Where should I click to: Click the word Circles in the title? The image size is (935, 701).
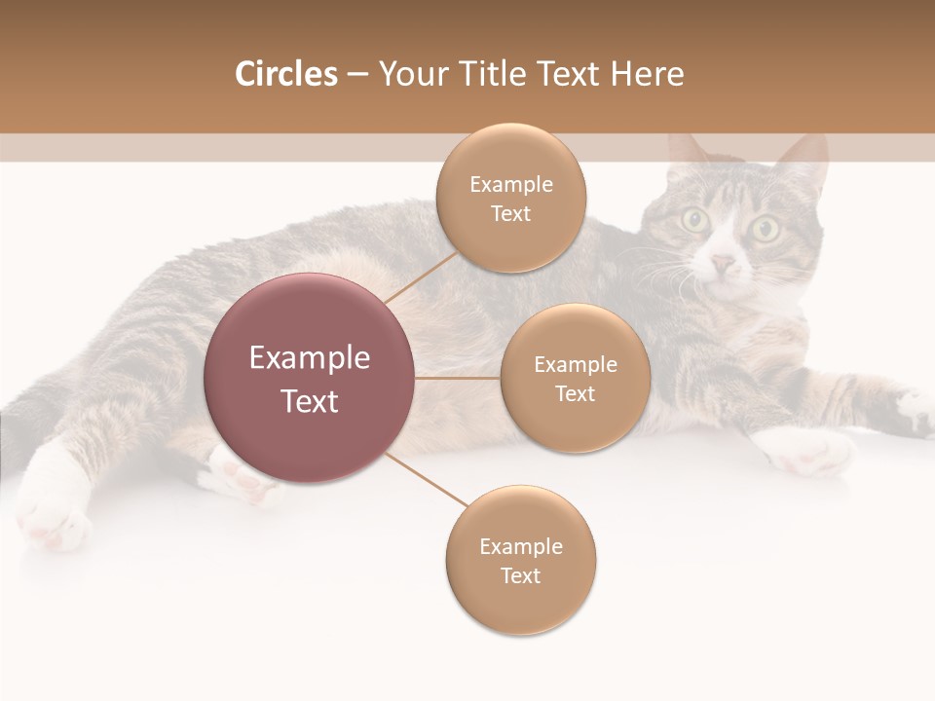coord(285,74)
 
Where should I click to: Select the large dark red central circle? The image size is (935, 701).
coord(310,378)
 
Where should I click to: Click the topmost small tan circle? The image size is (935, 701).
coord(511,198)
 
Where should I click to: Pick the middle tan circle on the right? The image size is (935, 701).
coord(576,378)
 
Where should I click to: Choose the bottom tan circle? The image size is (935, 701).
coord(521,560)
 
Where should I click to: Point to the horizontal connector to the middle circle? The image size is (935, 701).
coord(458,378)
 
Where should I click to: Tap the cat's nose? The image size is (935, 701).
coord(723,263)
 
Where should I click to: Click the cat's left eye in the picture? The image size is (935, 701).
coord(694,219)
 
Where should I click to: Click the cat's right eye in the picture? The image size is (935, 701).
coord(765,230)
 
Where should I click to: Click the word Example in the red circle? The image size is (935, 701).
coord(310,358)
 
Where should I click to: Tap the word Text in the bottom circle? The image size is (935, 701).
coord(520,575)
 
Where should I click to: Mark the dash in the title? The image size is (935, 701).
coord(357,75)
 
